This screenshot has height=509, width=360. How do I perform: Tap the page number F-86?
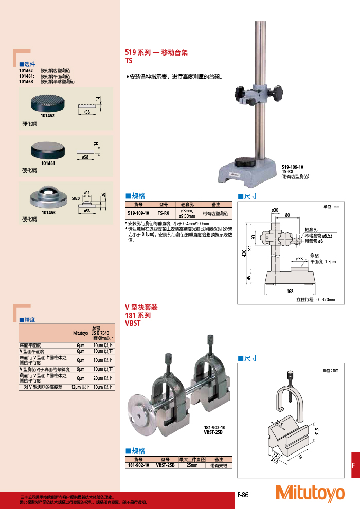[243, 494]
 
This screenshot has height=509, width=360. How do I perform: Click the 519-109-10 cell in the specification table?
[138, 213]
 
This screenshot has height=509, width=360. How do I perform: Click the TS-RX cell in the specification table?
[164, 213]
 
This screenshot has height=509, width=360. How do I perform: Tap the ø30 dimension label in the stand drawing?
[275, 210]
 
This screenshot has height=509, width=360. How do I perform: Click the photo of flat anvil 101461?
[48, 149]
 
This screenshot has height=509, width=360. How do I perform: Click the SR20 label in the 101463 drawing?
[75, 197]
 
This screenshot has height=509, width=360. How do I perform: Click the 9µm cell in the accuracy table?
[80, 369]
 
